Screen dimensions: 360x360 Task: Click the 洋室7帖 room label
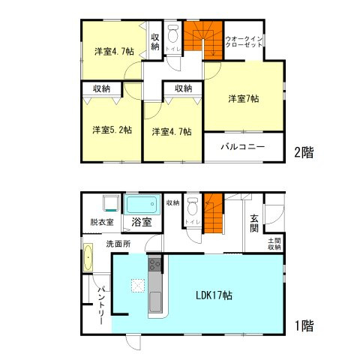[244, 98]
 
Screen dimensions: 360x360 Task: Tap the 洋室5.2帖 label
[112, 129]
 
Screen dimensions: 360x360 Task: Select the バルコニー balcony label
[243, 147]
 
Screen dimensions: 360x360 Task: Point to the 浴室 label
[142, 222]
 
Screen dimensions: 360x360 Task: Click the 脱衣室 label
[102, 222]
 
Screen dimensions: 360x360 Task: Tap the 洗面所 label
[118, 244]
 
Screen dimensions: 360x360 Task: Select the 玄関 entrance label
[255, 223]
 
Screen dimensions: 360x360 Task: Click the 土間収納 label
[274, 243]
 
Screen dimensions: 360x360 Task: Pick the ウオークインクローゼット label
[244, 42]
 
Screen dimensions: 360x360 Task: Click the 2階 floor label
[304, 152]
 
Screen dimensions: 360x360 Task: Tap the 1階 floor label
[304, 326]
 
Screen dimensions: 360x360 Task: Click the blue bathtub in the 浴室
[141, 204]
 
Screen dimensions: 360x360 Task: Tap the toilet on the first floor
[192, 205]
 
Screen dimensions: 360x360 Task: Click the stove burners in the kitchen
[154, 264]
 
